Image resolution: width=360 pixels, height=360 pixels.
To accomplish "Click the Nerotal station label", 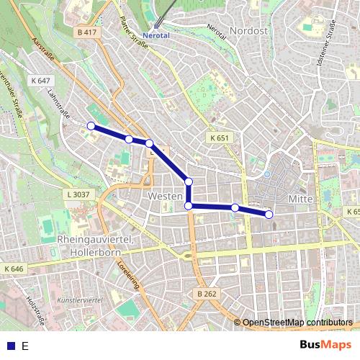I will click(x=158, y=35).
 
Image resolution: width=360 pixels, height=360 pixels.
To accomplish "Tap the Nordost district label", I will click(x=250, y=31).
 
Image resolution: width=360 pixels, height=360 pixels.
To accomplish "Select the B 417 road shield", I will click(x=86, y=32).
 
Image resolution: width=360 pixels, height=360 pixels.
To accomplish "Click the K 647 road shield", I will click(x=40, y=81).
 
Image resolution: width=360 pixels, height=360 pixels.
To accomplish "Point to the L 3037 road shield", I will click(x=78, y=194).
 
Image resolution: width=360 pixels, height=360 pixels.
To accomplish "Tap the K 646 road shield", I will click(x=13, y=269).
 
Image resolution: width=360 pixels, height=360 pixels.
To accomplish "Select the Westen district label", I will click(x=162, y=196).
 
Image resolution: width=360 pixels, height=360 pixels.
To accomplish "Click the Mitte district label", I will click(x=299, y=198).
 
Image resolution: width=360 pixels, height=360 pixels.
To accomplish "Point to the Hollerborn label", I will click(x=89, y=252).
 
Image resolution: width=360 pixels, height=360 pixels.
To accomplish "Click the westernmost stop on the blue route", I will click(x=91, y=126).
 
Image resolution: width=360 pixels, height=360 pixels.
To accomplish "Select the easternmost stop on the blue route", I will click(x=269, y=215).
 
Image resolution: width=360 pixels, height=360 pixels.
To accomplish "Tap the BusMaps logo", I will click(x=325, y=345).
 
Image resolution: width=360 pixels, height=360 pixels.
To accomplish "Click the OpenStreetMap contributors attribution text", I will click(x=297, y=323).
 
